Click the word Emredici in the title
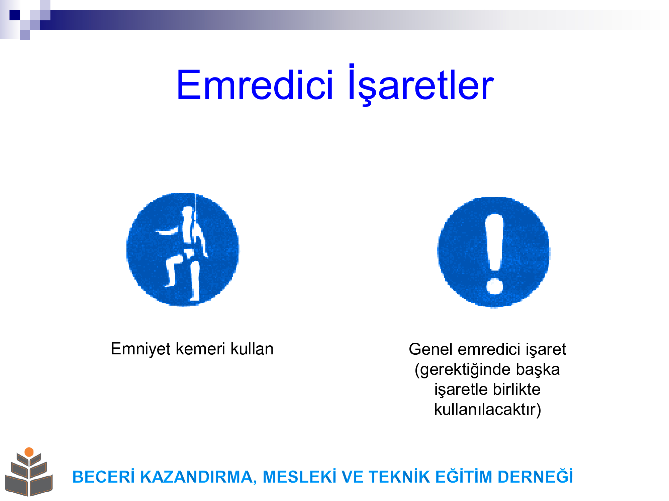pos(255,85)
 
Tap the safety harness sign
pos(183,249)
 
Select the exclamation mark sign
pos(494,252)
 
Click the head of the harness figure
pos(187,212)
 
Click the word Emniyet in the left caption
pos(141,349)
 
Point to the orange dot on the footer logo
pos(29,452)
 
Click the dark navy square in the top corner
pos(15,15)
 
